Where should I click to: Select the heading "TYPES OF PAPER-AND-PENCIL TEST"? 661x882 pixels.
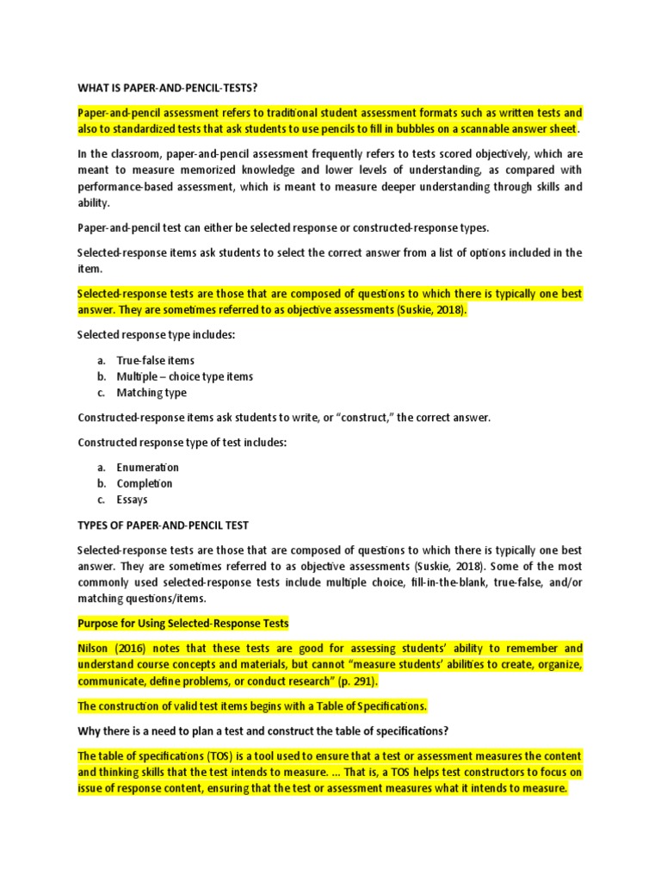pos(163,525)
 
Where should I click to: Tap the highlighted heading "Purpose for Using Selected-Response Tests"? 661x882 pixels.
pos(182,623)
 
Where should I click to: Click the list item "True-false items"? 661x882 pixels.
pos(156,360)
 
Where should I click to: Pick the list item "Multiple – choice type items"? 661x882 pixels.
pos(185,376)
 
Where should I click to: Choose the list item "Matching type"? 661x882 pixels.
pos(151,393)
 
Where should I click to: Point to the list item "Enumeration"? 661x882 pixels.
pos(148,467)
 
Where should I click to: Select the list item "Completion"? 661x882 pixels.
pos(145,483)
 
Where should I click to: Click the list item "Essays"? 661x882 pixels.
pos(133,500)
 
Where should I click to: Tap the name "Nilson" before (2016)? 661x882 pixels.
pos(95,648)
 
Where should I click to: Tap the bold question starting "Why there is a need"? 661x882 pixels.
pos(263,730)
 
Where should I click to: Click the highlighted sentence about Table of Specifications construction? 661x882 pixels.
pos(252,705)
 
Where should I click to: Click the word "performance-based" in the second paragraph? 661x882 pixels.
pos(129,186)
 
